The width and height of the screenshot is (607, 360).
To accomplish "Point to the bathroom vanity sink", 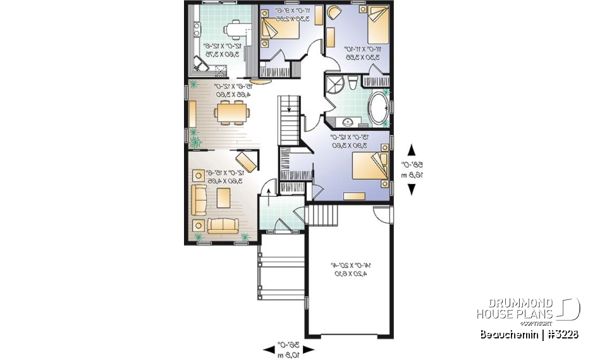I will pos(347,121).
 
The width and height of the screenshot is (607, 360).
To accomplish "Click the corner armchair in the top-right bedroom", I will pos(334,13).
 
